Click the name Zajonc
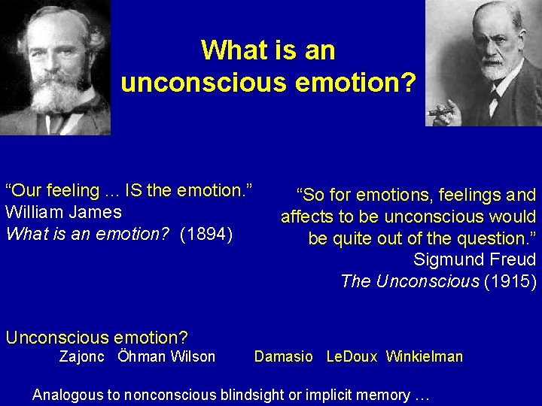coord(82,356)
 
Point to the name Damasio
coord(283,356)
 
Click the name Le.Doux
coord(352,356)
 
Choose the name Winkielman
coord(425,356)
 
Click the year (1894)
coord(208,234)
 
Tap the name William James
coord(63,212)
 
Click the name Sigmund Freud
coord(475,260)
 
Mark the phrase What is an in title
coord(268,50)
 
